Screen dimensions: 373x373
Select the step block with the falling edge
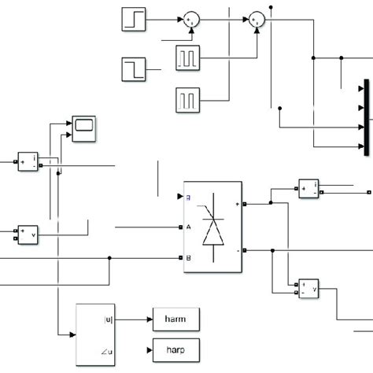pos(133,69)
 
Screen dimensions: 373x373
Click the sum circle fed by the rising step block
pos(191,19)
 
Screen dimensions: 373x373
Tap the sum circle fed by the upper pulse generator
pos(257,19)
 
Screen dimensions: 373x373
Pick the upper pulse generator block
pos(188,57)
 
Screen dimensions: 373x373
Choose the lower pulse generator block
pos(188,98)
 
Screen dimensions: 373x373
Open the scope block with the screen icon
pos(83,126)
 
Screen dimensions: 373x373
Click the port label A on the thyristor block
pos(189,227)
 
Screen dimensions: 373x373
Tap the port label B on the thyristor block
pos(189,257)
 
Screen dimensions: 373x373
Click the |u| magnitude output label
pos(108,319)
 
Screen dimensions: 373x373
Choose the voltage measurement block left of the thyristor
pos(28,232)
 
